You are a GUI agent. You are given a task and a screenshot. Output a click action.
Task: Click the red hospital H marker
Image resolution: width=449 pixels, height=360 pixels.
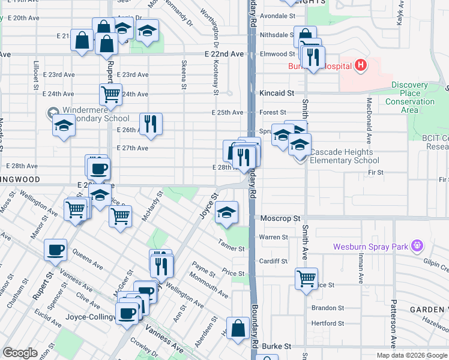click(x=360, y=65)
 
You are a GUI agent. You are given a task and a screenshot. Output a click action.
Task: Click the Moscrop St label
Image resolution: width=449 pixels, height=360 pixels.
click(x=280, y=219)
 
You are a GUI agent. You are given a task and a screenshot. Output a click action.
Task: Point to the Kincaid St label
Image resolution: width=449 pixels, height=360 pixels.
click(x=277, y=94)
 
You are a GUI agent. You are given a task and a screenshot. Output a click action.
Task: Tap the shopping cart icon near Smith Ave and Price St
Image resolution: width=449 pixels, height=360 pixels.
click(x=306, y=278)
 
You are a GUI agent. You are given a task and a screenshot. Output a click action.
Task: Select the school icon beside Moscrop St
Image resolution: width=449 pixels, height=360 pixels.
click(x=226, y=212)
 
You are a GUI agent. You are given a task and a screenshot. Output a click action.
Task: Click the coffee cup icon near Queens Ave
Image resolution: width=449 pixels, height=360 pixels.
click(x=56, y=249)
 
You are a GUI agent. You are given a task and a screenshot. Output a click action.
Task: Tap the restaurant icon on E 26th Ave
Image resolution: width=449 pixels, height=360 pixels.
click(x=151, y=124)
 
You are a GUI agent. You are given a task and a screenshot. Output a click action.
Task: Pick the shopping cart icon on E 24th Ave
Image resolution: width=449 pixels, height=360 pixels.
click(x=110, y=94)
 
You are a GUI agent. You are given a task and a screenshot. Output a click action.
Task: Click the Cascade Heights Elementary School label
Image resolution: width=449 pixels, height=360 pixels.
click(x=345, y=156)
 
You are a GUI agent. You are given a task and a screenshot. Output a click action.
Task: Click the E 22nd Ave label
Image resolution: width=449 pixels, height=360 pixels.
click(x=228, y=54)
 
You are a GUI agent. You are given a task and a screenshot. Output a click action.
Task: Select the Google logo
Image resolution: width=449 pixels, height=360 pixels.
click(x=20, y=353)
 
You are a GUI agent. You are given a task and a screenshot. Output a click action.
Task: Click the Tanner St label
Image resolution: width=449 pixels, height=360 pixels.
click(x=232, y=248)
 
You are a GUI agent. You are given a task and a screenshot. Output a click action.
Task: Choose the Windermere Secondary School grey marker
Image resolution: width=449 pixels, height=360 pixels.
click(x=52, y=112)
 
